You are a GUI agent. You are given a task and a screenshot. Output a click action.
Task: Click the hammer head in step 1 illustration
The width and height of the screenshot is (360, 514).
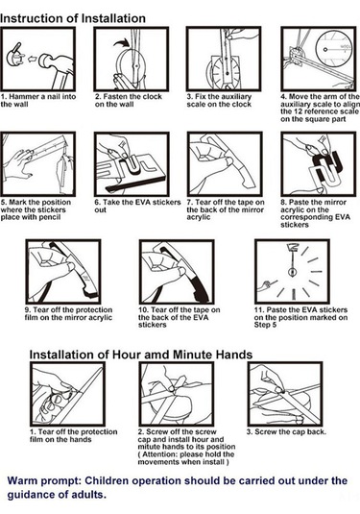pos(48,61)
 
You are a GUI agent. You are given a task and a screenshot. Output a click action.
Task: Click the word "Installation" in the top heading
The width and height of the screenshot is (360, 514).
pos(113,18)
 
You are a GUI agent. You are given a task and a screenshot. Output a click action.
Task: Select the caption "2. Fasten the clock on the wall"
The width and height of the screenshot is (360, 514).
pos(129,100)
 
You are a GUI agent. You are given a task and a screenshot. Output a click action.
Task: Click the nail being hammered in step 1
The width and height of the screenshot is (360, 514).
pos(15,57)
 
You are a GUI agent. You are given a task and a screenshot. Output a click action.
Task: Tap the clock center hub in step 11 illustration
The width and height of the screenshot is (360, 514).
pos(292,272)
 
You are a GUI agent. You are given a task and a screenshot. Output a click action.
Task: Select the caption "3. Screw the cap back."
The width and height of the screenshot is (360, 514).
pos(286,431)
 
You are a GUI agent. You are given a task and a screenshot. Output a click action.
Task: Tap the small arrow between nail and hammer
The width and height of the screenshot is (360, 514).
pos(32,60)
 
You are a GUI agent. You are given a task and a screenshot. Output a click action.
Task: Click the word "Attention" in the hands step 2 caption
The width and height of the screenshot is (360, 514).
pos(160,454)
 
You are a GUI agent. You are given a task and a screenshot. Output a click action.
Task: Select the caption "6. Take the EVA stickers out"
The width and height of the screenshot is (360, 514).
pos(137,207)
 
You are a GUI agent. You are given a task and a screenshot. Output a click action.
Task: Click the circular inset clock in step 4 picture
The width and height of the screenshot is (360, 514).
pos(334,50)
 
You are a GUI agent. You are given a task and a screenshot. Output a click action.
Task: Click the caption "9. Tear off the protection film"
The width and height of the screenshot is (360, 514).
pos(68,314)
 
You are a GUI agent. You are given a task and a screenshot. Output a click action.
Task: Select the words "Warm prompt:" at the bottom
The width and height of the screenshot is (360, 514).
pos(44,481)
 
